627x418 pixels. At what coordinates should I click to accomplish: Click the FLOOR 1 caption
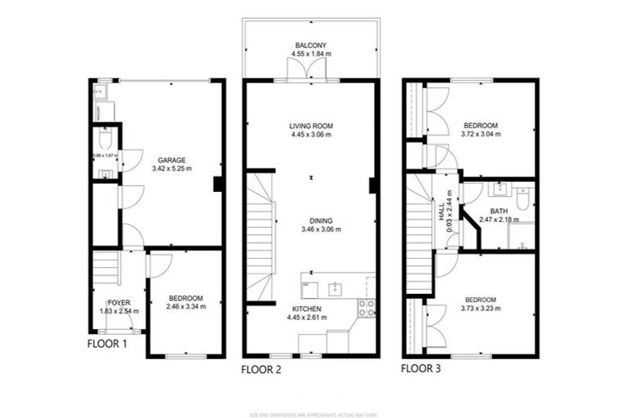107,344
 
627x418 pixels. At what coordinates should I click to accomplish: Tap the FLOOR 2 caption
261,369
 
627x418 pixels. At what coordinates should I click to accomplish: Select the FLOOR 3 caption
420,368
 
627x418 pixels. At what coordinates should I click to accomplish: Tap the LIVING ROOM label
311,126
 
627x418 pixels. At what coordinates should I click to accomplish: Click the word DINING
311,220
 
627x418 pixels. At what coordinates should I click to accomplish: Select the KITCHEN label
308,309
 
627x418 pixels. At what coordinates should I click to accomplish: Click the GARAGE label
171,160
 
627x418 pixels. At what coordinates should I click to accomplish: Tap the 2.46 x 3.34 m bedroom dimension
186,307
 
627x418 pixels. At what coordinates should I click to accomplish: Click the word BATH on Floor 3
499,211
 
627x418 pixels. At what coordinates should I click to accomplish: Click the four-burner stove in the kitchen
367,308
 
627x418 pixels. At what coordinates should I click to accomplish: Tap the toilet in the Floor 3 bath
522,194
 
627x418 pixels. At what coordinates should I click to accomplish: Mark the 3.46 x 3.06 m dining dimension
311,229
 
